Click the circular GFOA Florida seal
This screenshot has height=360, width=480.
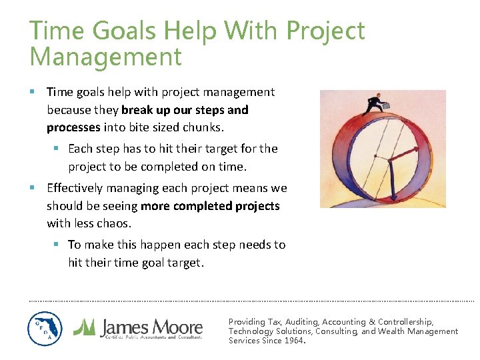click(45, 329)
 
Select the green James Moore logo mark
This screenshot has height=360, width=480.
click(84, 326)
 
